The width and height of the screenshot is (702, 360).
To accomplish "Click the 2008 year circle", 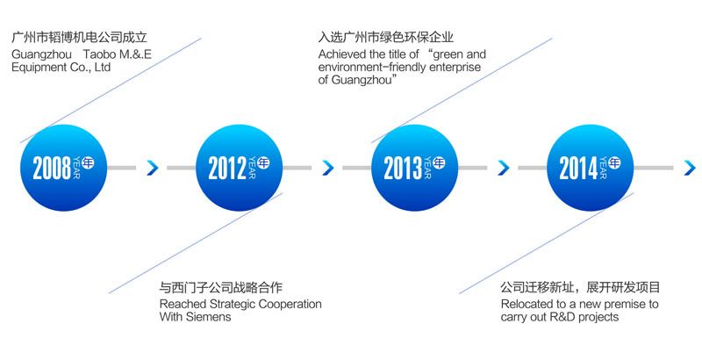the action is pos(63,168).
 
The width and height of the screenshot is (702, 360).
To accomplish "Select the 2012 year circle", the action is pos(239,168).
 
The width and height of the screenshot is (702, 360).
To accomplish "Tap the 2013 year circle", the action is pos(414,168).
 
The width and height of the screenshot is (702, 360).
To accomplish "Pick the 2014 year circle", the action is pos(590,168).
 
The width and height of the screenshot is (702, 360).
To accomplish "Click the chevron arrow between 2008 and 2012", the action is pos(153,168).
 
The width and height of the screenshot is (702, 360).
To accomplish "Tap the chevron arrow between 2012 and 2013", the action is pos(328,168).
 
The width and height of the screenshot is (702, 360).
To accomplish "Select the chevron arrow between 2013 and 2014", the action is pos(504,168).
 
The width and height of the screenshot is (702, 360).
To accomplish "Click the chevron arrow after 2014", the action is pos(690,168).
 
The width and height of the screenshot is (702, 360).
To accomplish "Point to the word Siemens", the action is pos(208,317).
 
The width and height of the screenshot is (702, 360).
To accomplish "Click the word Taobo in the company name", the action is pos(99,54).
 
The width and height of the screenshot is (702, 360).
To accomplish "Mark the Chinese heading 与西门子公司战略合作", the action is pos(221,287).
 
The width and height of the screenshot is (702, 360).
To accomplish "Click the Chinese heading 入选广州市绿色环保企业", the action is pos(386,37).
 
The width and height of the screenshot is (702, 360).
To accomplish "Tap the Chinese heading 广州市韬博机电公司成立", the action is pos(79,37).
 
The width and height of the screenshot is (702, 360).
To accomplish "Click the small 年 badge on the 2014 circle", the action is pos(614,162).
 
